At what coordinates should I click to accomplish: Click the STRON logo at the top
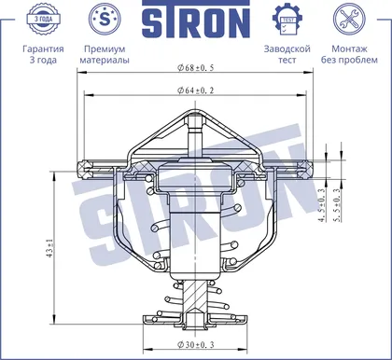click(196, 19)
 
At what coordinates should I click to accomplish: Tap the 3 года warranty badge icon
click(43, 19)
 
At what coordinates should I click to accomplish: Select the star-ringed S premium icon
click(105, 19)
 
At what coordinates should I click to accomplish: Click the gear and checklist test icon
click(287, 19)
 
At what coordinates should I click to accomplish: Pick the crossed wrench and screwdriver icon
click(349, 19)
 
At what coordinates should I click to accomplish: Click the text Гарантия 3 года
click(43, 54)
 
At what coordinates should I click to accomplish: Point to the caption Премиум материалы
click(105, 54)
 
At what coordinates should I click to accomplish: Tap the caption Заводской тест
click(287, 54)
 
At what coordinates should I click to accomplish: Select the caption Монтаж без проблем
click(349, 54)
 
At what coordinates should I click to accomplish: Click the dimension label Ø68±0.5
click(196, 67)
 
